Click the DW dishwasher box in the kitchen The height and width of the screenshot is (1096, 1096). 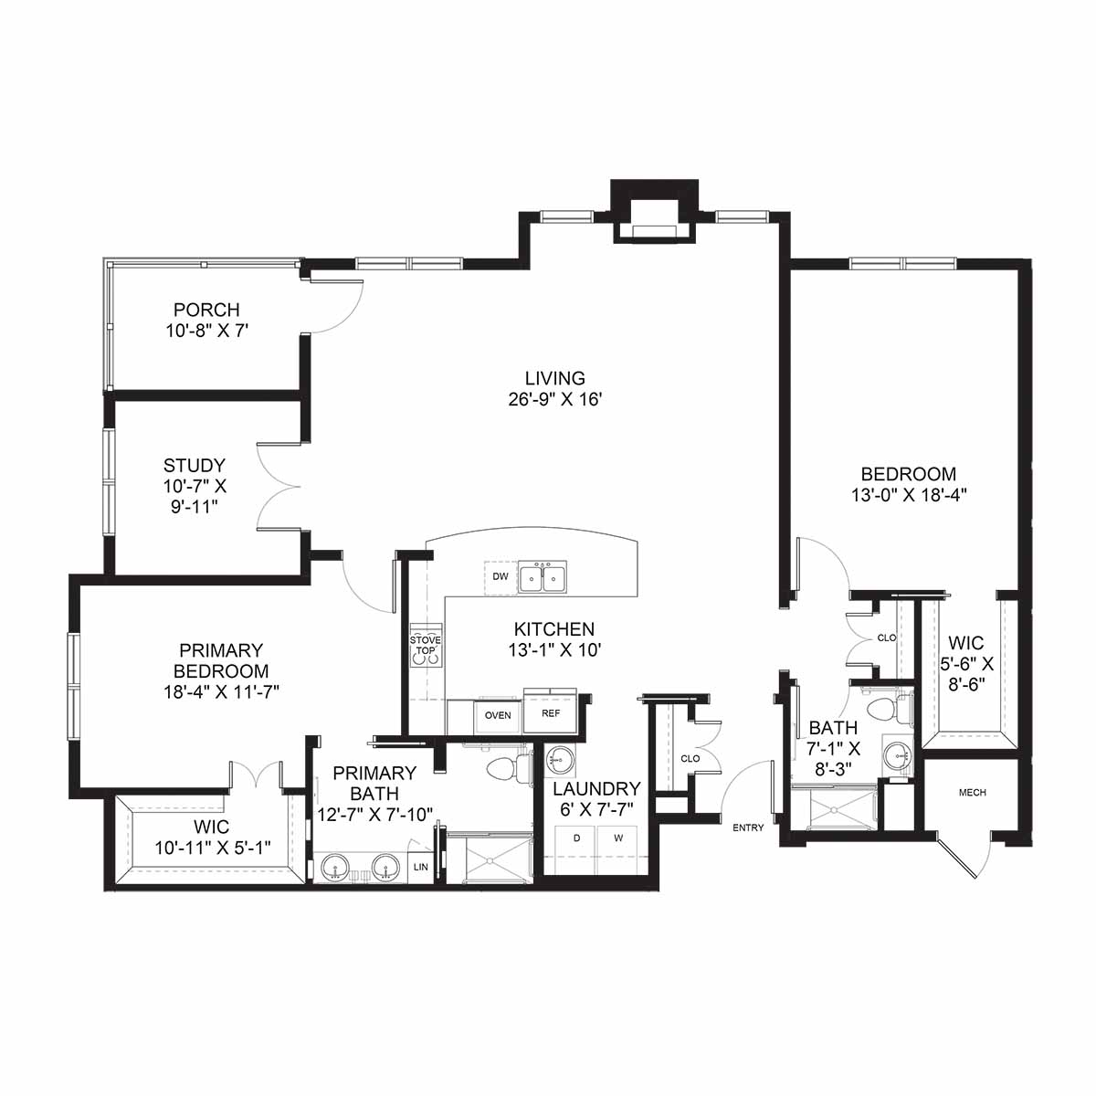coord(500,577)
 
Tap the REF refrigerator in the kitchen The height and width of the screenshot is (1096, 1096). coord(550,713)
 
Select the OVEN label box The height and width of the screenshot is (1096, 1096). coord(498,715)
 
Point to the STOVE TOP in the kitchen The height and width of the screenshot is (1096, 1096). coord(426,646)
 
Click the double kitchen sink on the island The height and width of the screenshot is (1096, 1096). coord(542,577)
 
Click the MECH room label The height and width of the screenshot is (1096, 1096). coord(972,792)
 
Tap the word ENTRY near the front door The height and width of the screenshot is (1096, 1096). coord(748,827)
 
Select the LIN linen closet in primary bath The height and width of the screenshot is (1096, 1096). coord(421,867)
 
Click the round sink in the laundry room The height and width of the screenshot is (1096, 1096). coord(560,761)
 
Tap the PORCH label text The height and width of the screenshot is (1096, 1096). coord(206,310)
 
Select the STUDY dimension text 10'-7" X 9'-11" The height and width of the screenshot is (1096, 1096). coord(195,497)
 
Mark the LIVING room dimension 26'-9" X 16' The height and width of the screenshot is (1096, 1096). coord(554,400)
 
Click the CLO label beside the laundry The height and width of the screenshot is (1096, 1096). coord(690,758)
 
